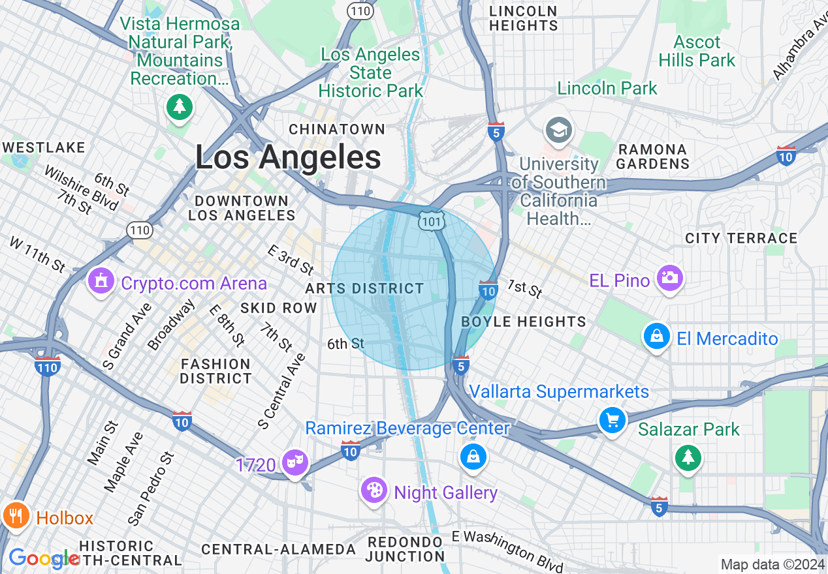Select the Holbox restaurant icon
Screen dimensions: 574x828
point(16,515)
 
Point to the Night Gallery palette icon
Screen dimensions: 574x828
point(374,491)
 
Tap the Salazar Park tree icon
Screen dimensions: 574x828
point(688,457)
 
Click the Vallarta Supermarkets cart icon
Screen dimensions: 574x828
point(612,419)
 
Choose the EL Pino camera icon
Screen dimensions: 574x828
point(670,279)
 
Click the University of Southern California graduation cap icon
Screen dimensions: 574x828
point(559,130)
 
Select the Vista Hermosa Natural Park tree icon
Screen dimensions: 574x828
point(179,106)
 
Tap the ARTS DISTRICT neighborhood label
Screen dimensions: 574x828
point(364,288)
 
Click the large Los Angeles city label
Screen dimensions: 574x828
point(288,158)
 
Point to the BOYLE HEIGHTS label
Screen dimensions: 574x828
point(524,322)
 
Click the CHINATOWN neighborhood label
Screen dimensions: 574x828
point(337,129)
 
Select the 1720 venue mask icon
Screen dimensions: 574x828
point(295,463)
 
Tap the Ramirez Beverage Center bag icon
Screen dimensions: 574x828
point(472,457)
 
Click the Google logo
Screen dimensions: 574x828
point(42,559)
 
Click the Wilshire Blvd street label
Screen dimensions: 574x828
point(82,188)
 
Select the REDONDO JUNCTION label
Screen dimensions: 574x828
point(405,549)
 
